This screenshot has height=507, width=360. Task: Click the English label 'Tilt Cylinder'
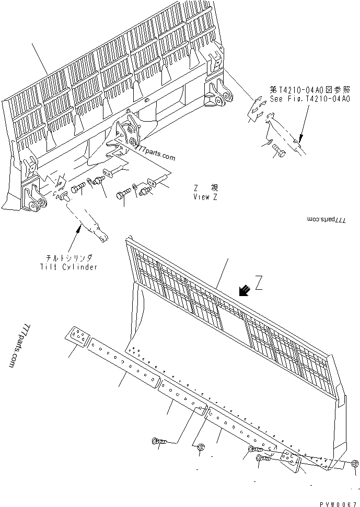[x=68, y=267]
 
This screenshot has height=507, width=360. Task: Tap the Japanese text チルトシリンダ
[x=68, y=258]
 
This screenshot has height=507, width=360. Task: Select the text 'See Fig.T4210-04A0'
[x=309, y=99]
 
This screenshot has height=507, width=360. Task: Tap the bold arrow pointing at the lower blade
[x=243, y=290]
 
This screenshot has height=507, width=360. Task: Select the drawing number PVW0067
[x=338, y=501]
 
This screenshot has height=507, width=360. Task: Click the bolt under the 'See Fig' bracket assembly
[x=277, y=152]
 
